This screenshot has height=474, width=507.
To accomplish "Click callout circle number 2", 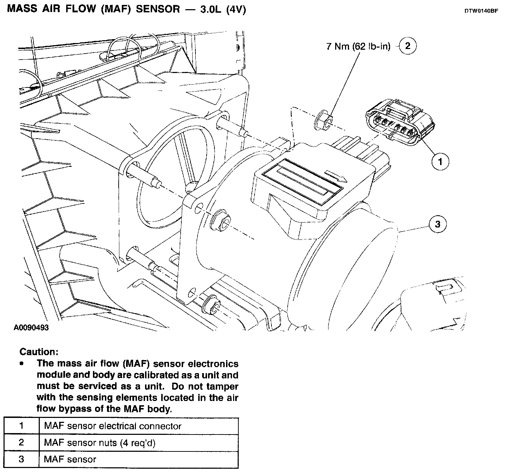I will coord(408,46).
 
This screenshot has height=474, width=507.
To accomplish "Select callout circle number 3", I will coord(438,224).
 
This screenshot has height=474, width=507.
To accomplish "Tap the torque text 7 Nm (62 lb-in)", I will coord(358,46).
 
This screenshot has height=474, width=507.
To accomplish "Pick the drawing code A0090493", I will coord(31,328).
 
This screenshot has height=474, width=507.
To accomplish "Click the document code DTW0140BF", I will coord(481,11).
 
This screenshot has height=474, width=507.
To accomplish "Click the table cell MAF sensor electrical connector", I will coord(113,426).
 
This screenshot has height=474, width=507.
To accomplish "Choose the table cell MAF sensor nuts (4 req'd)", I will coord(100,443).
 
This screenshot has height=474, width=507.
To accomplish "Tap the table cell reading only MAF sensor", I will coord(70,459).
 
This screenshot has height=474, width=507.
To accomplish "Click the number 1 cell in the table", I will coord(21,426).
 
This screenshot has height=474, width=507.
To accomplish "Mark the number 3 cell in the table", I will coord(21,459).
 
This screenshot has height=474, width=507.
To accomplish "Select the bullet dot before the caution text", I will coord(22,363).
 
